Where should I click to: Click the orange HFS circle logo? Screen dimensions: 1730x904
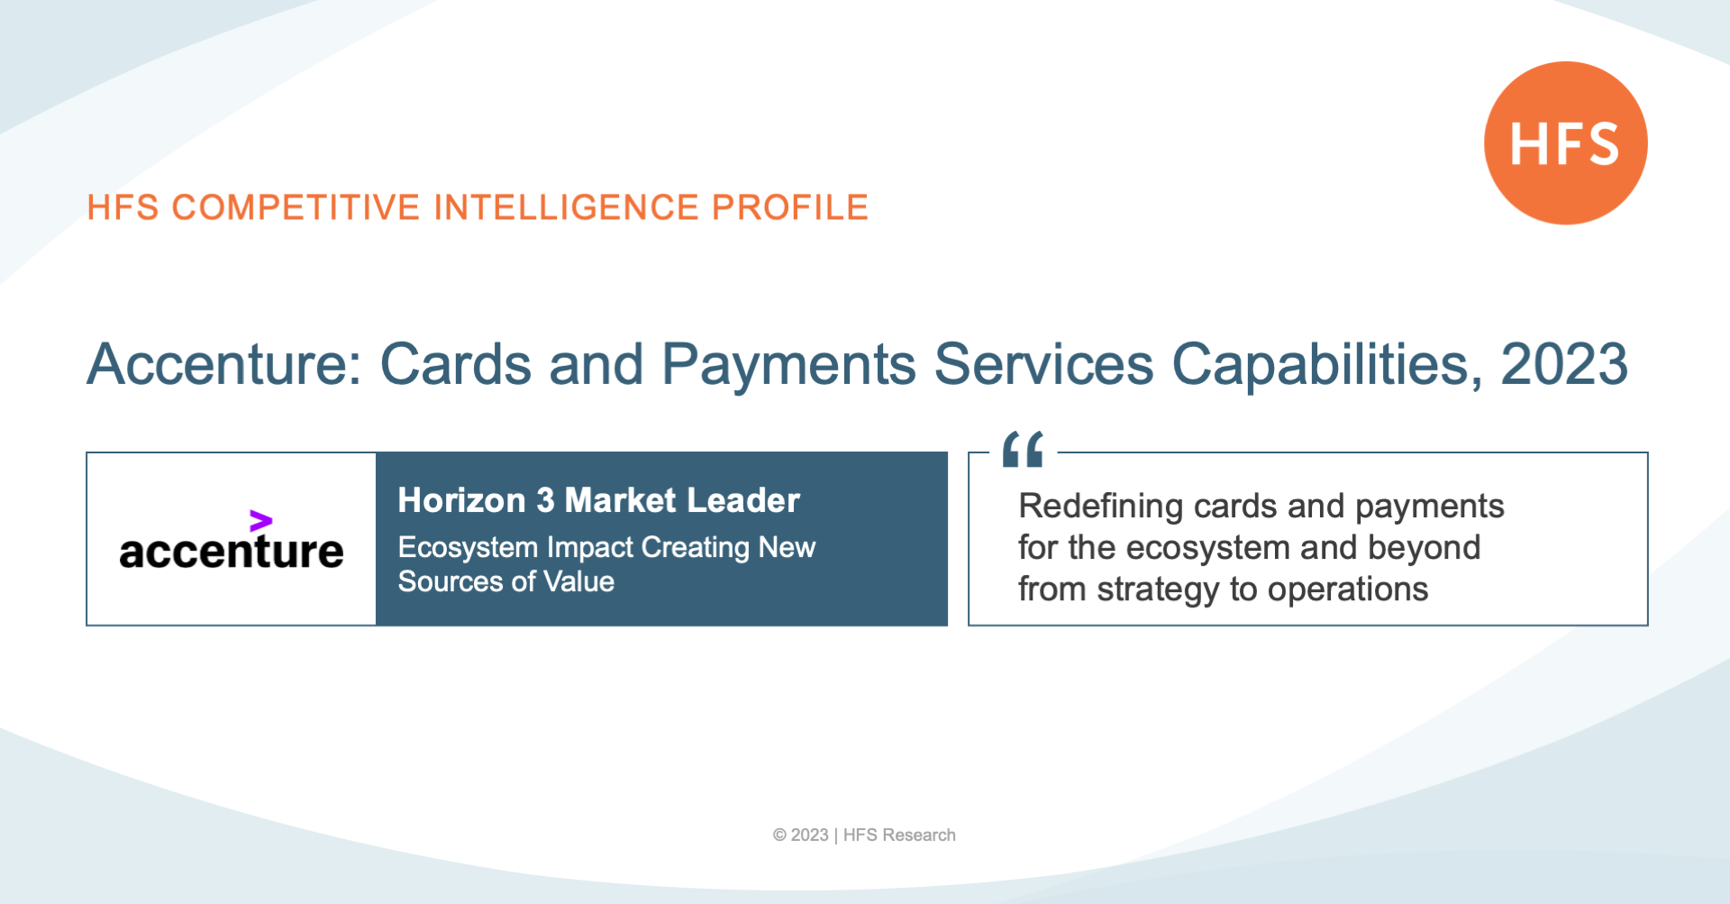(x=1566, y=142)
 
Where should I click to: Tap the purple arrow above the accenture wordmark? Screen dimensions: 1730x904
(x=260, y=521)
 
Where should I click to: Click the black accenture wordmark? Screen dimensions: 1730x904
(x=232, y=550)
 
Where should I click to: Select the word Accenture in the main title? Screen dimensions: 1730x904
(x=223, y=364)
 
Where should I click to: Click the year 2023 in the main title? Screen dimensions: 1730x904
(x=1564, y=364)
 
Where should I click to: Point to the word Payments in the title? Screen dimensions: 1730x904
(x=788, y=366)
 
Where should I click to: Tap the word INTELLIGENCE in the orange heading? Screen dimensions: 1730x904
(x=566, y=207)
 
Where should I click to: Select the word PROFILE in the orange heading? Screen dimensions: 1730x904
(x=790, y=207)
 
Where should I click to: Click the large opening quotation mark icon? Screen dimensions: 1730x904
(x=1023, y=448)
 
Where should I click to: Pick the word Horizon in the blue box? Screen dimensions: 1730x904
(x=461, y=500)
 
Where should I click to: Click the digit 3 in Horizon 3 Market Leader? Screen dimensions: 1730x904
(x=545, y=500)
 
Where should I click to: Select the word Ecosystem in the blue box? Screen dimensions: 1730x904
(x=468, y=548)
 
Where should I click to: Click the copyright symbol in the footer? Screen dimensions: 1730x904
(x=779, y=836)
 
